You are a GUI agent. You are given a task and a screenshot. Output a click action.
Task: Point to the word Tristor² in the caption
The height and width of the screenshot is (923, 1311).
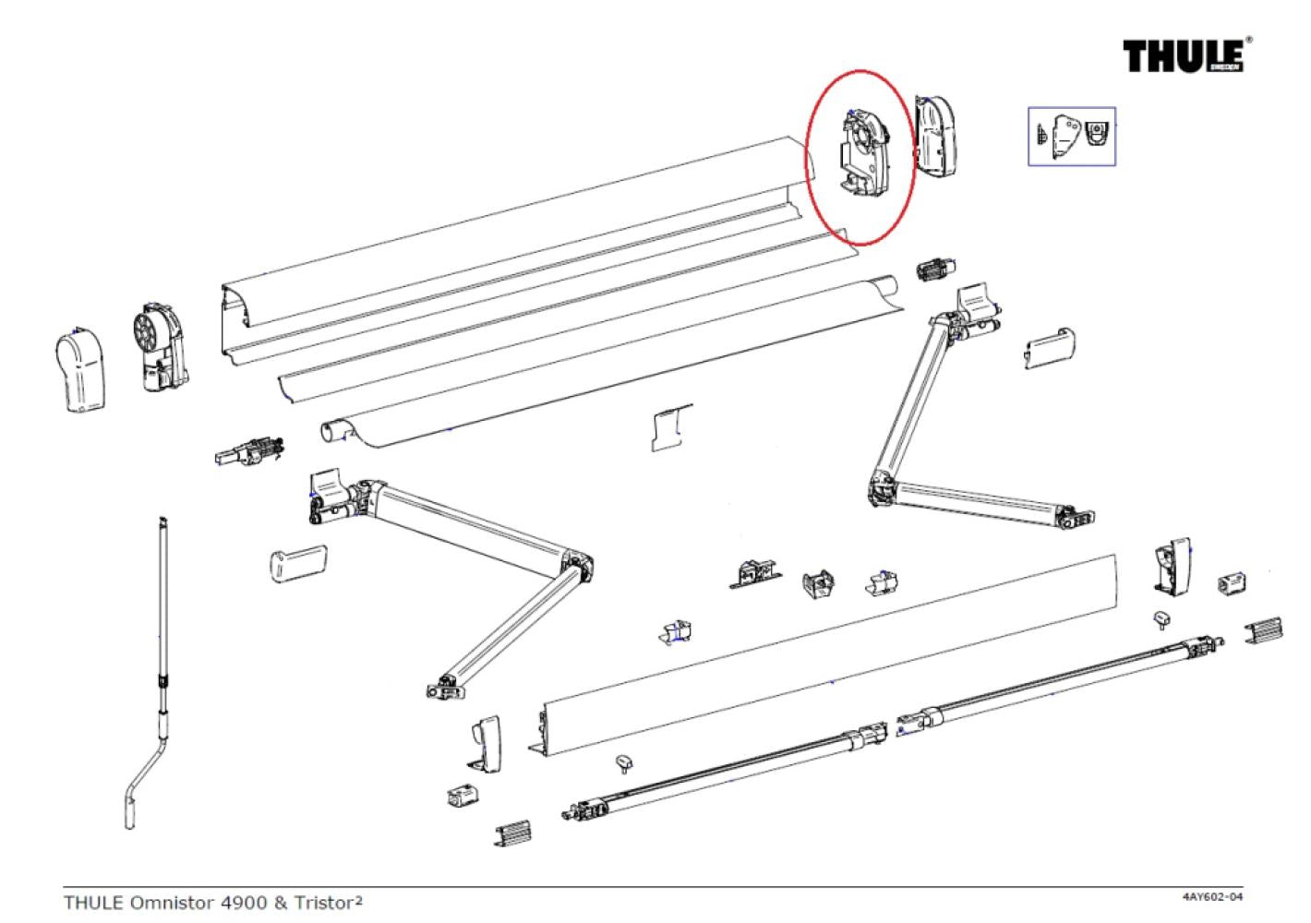(328, 902)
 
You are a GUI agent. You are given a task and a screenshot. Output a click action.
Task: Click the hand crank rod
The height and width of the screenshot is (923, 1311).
(162, 646)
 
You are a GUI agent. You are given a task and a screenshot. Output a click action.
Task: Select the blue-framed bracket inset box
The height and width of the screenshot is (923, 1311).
(1072, 136)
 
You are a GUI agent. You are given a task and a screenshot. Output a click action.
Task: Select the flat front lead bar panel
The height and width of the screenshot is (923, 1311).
(831, 646)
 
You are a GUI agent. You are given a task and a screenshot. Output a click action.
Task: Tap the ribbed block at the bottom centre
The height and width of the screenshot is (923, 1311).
(513, 833)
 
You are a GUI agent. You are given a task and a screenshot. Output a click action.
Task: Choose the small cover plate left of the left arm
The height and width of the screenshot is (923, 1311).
(297, 563)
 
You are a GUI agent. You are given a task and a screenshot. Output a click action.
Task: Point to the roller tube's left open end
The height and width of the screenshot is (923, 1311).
(334, 431)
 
